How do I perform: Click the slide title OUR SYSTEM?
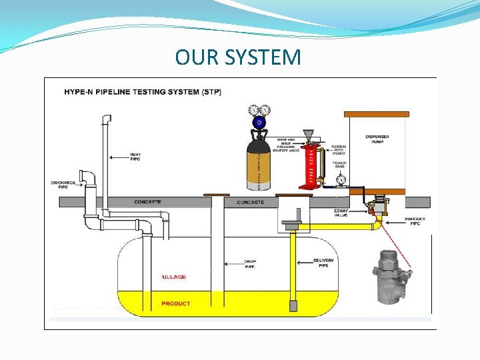click(x=238, y=57)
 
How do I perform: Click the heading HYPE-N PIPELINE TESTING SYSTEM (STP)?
click(x=143, y=91)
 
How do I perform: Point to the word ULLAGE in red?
click(x=174, y=277)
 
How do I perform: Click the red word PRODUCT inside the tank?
click(x=175, y=304)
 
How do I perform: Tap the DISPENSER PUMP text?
click(x=377, y=139)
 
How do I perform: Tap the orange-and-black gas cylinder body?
click(x=259, y=163)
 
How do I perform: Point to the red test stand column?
click(x=309, y=167)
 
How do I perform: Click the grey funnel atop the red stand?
click(x=308, y=135)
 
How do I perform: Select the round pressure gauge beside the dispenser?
click(x=341, y=179)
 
